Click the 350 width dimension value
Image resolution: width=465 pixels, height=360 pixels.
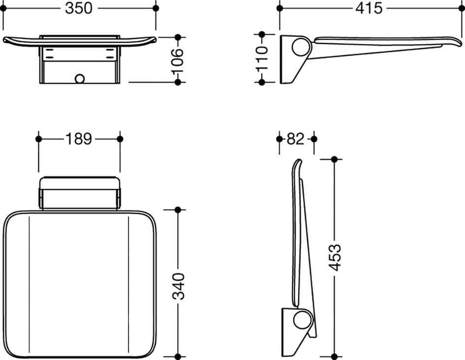pos(79,8)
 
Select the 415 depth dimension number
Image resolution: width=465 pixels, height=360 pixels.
pos(369,8)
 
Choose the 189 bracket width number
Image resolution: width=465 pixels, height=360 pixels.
pos(79,139)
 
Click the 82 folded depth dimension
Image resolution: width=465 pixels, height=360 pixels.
pos(296,139)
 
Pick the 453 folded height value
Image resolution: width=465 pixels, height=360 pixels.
pos(336,257)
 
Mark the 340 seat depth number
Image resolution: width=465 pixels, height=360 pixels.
pos(178,286)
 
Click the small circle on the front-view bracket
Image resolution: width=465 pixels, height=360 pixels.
pos(80,79)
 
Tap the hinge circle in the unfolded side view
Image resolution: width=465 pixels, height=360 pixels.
pos(301,47)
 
